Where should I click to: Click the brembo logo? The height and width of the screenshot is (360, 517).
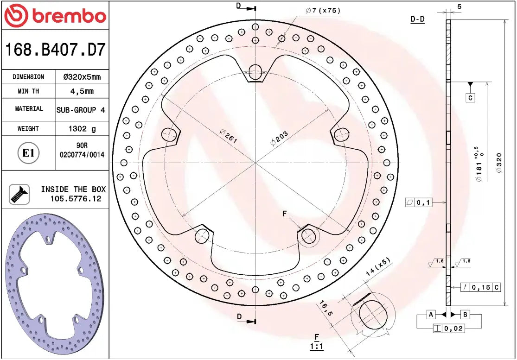55,15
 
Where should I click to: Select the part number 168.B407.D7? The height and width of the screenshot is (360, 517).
55,49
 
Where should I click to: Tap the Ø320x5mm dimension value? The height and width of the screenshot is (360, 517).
82,77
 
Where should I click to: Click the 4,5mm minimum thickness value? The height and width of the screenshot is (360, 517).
82,91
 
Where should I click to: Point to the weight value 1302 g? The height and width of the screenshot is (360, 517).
82,129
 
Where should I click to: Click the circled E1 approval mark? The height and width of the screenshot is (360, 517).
29,153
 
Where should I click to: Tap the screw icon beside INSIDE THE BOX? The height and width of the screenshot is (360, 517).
19,194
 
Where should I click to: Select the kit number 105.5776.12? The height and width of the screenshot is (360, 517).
76,199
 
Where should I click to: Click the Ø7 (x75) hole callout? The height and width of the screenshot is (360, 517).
323,11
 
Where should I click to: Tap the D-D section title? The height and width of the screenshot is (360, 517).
417,19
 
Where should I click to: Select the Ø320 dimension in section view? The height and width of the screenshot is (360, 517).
499,163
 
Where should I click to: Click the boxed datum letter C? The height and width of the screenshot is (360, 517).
470,98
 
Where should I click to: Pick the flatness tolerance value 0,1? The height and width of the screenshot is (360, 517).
424,202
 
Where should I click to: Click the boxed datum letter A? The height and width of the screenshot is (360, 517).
430,315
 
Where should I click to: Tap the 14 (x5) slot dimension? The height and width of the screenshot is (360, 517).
378,268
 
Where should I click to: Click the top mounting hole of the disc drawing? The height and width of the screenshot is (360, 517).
255,71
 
